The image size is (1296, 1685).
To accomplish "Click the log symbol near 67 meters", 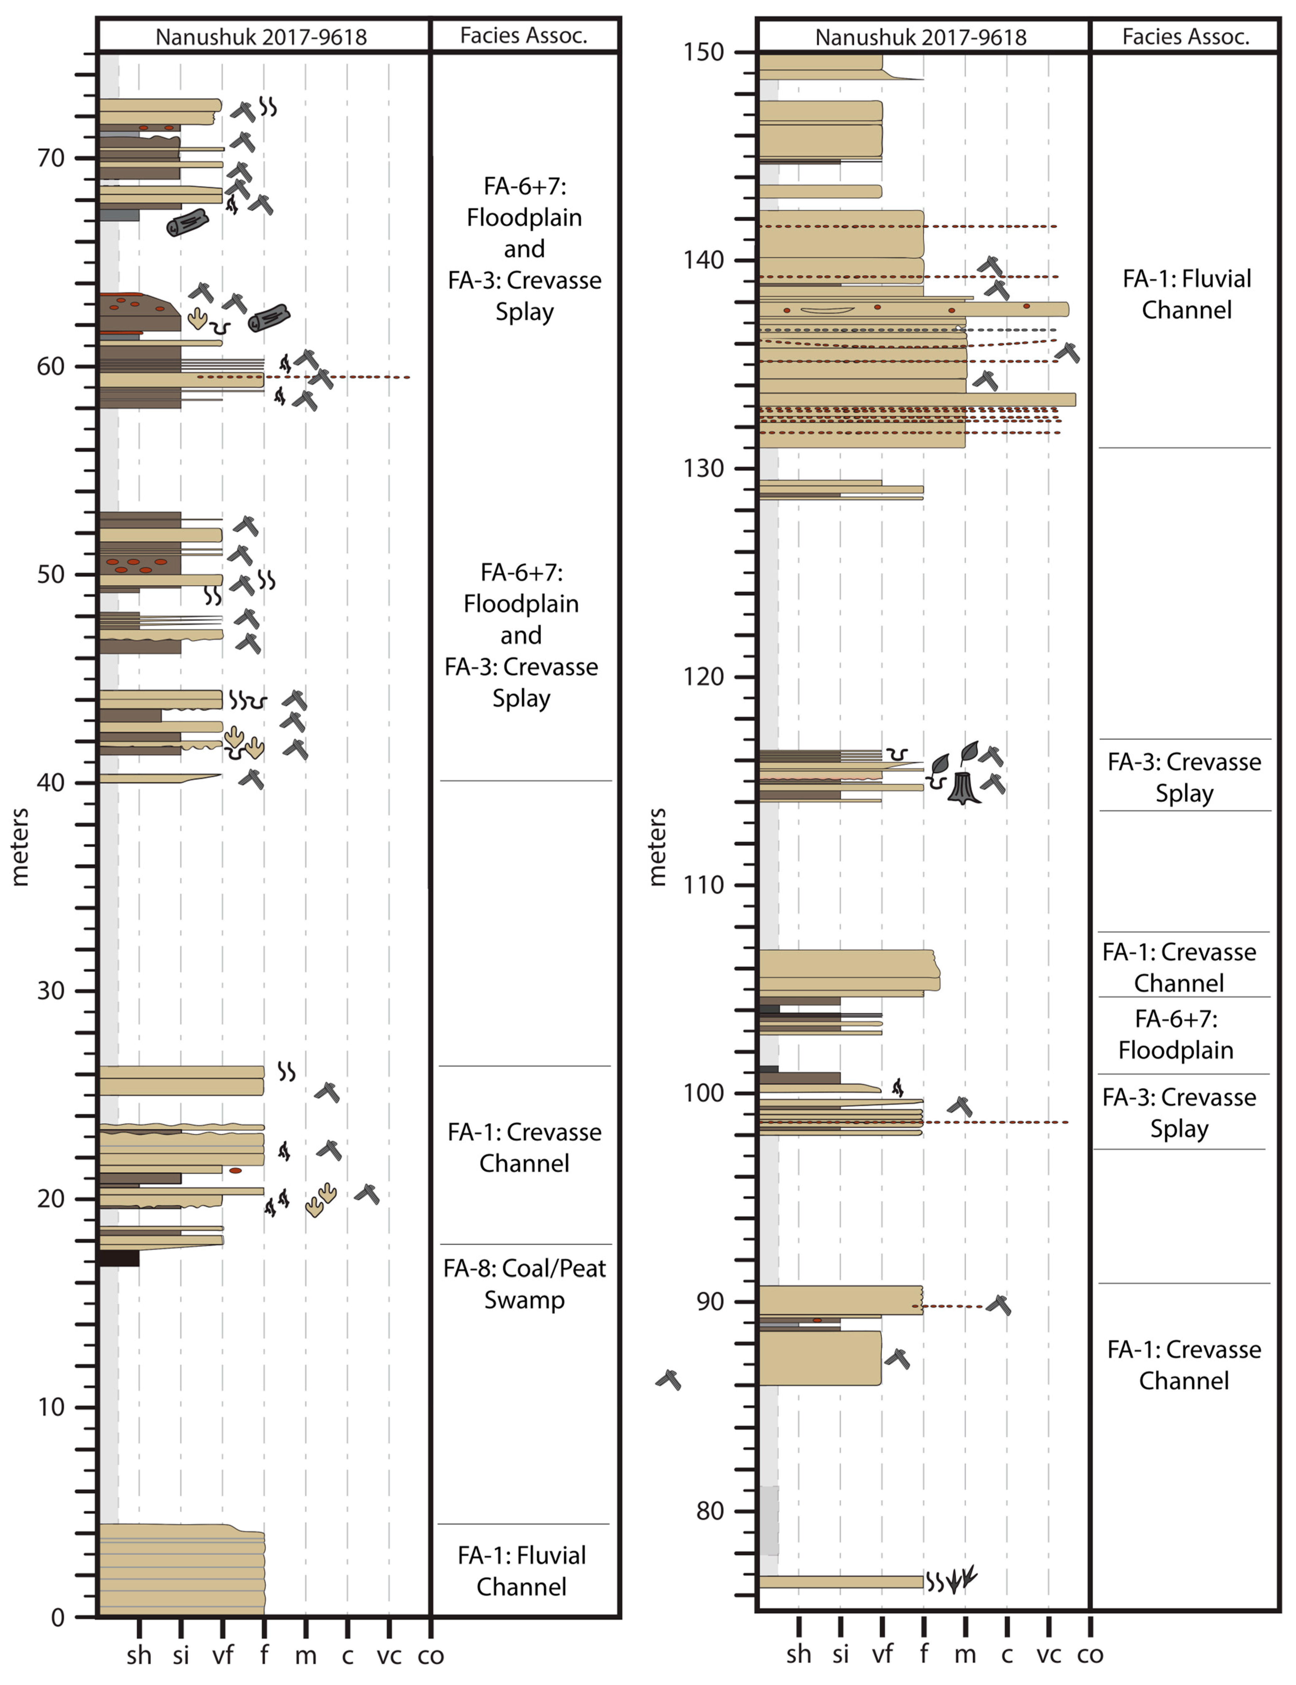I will tap(187, 223).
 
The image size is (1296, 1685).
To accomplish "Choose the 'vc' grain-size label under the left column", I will tap(389, 1655).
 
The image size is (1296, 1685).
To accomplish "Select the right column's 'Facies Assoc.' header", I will tap(1186, 36).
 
